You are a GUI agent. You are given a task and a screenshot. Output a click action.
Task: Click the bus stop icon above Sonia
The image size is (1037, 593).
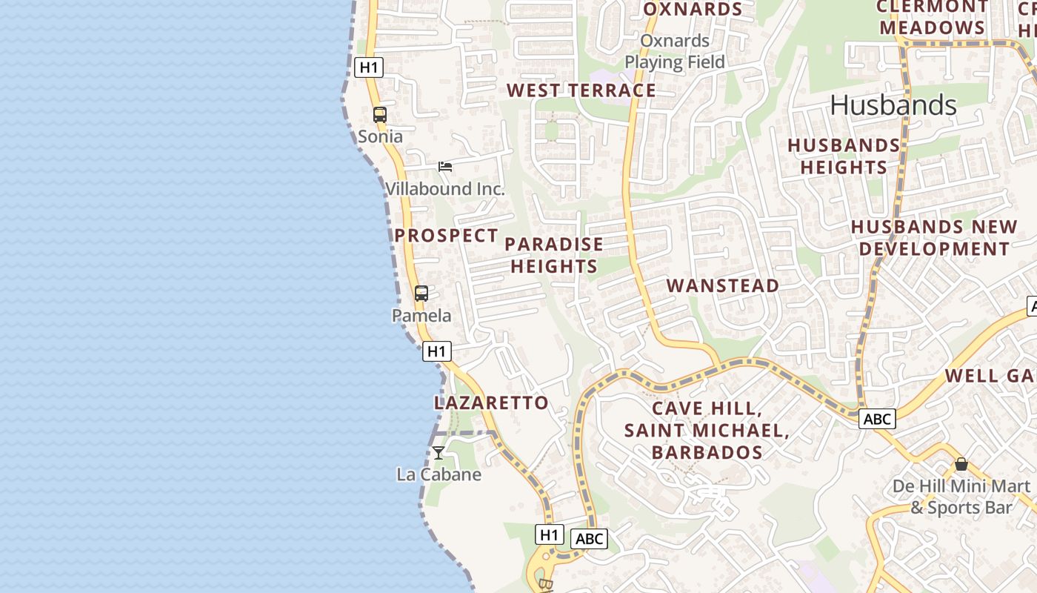click(380, 115)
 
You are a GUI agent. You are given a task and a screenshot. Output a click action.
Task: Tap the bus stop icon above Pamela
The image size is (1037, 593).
click(421, 294)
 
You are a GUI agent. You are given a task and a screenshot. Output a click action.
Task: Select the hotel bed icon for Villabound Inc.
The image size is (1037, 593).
click(445, 167)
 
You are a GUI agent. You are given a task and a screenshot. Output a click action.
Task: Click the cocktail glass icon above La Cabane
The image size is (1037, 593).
click(439, 452)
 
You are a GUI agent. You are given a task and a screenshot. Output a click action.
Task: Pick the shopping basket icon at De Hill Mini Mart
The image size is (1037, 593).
click(961, 465)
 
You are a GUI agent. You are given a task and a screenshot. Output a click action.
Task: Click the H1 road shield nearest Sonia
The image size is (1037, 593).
click(369, 67)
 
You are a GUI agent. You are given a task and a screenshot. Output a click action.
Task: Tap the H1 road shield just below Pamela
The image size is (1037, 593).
click(437, 351)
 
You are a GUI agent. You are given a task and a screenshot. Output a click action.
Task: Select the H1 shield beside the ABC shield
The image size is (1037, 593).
click(549, 534)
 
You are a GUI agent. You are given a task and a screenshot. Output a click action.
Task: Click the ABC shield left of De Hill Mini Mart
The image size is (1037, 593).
click(878, 419)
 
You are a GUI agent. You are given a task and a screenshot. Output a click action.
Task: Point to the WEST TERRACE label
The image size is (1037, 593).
click(581, 90)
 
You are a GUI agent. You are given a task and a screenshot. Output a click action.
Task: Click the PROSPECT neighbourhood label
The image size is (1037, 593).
click(446, 236)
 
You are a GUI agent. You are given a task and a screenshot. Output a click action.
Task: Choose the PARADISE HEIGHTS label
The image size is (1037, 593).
click(554, 255)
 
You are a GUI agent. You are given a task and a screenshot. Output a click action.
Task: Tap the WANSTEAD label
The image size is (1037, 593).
click(723, 285)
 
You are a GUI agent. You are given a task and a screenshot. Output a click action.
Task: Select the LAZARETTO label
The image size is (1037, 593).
click(491, 403)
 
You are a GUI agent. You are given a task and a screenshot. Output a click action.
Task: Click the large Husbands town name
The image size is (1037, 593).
click(893, 105)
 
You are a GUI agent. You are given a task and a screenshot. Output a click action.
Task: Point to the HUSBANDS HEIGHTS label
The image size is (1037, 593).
click(844, 156)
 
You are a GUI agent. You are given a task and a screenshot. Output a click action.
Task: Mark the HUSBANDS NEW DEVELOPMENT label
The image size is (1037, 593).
click(934, 238)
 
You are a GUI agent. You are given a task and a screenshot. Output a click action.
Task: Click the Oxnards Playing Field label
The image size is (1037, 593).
click(675, 51)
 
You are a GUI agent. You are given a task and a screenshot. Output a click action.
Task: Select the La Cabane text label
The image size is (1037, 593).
click(439, 474)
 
